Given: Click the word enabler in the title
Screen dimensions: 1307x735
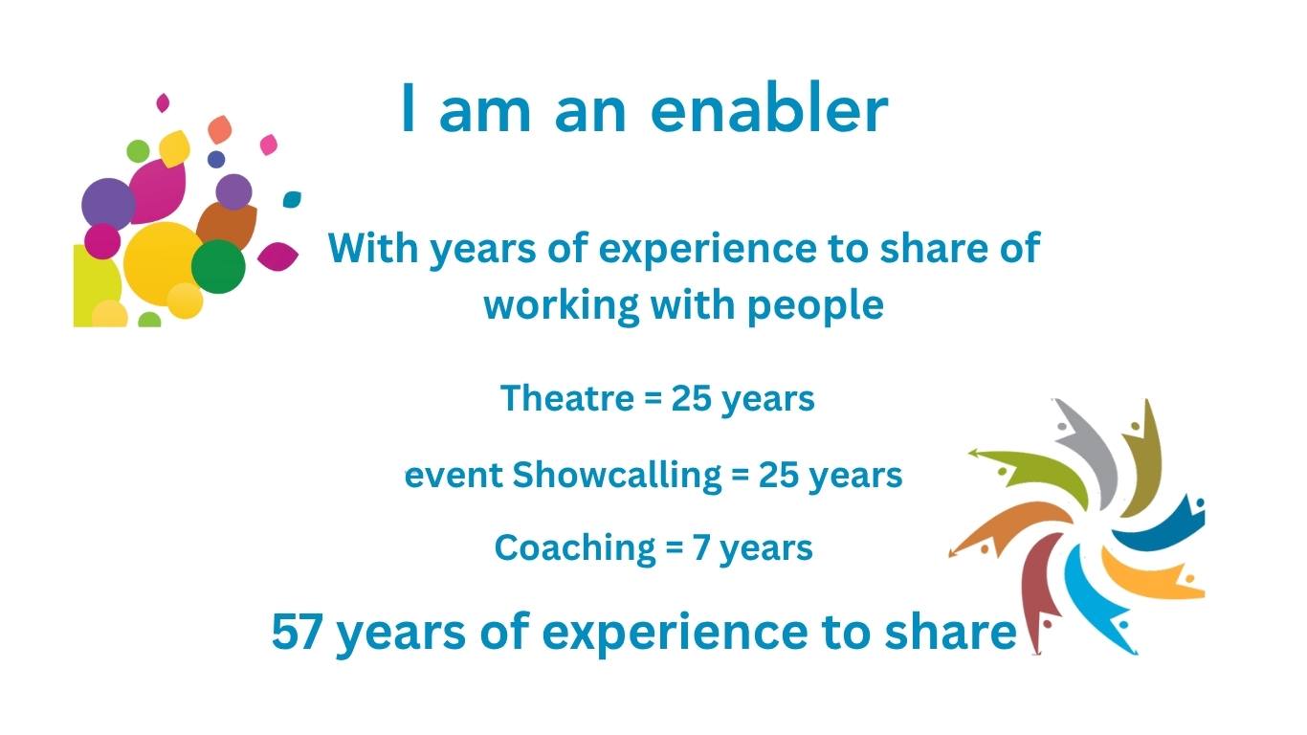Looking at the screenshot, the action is [769, 108].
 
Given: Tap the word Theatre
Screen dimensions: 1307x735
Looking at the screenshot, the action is [567, 399].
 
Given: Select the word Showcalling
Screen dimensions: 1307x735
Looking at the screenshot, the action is [617, 475].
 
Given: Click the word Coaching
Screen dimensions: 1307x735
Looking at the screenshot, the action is [575, 548].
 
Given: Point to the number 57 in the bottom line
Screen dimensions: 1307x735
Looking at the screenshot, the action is [297, 632].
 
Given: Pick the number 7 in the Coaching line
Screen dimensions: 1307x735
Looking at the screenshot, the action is [700, 548].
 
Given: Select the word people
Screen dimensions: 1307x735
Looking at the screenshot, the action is [816, 306].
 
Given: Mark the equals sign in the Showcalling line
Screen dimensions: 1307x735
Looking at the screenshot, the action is [740, 476].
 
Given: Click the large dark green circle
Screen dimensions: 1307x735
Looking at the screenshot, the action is [218, 266].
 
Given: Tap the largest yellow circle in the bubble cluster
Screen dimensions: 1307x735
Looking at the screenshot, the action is [164, 264].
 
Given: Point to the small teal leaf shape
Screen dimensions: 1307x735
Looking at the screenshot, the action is [292, 199].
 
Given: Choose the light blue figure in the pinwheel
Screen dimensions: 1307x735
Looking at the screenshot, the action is [1097, 601].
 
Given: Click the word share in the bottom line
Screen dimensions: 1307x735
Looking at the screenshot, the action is [950, 632].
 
